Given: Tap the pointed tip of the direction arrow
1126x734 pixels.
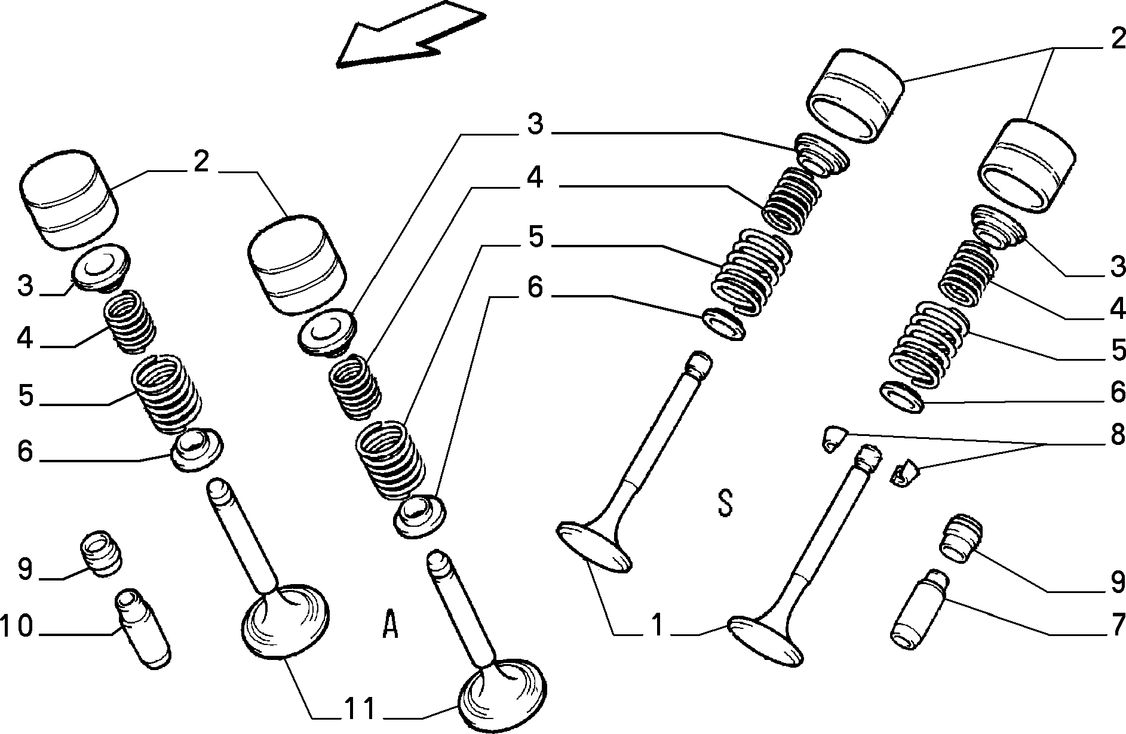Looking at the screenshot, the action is pos(338,63).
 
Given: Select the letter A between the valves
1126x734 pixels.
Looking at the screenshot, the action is pos(389,624).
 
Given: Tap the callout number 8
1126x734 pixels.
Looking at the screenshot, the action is pos(1117,435).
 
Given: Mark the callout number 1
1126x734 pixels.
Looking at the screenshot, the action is pos(656,626).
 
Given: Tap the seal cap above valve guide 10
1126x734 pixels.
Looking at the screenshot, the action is pos(102,552).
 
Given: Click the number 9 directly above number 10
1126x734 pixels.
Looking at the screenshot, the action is pos(24,569).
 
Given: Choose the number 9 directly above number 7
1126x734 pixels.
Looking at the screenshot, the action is pos(1117,582).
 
